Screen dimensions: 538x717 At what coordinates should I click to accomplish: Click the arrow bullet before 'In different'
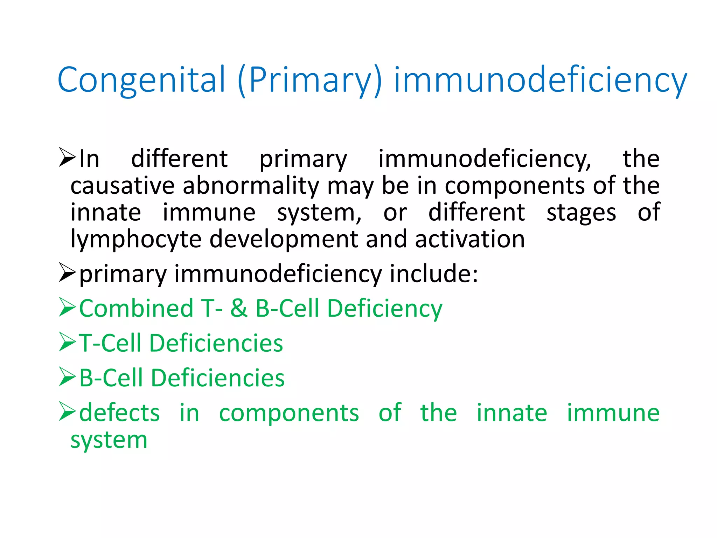tap(67, 157)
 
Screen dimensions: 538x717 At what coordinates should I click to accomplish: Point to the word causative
tap(123, 185)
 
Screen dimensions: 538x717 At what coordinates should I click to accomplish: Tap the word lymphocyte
tap(136, 240)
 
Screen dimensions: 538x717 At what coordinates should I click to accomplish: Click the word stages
tap(581, 213)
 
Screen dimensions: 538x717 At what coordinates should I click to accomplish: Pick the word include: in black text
tap(434, 274)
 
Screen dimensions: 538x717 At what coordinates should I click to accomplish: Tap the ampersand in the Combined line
tap(239, 308)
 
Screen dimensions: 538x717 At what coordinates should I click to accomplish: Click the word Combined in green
tap(136, 308)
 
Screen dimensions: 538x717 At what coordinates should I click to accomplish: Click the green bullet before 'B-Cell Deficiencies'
tap(67, 377)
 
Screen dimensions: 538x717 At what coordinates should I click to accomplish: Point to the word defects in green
tap(119, 413)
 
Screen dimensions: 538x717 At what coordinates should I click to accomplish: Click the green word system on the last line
tap(109, 440)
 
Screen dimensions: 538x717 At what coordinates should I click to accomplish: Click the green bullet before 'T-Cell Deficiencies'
tap(67, 342)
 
